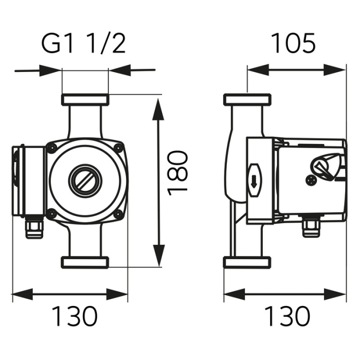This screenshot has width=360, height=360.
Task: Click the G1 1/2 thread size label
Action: tap(83, 45)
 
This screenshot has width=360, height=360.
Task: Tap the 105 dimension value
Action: tap(293, 44)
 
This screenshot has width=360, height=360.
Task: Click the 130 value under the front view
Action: tap(74, 317)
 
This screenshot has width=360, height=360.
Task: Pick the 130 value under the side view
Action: tap(287, 317)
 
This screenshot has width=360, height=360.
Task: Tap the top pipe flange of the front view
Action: tap(85, 99)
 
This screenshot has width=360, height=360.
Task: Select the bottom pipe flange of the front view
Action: tap(85, 262)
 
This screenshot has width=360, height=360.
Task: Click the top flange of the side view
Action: tap(247, 99)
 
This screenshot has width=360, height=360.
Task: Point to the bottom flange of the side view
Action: tap(247, 262)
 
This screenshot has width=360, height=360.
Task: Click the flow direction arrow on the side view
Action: tap(255, 181)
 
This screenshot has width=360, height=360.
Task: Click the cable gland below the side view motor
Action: tap(310, 227)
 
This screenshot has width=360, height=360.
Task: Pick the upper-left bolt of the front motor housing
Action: tap(51, 149)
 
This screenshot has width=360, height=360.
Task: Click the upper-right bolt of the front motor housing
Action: tap(118, 149)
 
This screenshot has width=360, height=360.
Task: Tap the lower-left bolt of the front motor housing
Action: tap(51, 213)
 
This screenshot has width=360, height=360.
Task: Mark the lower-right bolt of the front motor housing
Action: tap(118, 213)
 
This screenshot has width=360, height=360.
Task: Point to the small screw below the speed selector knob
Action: tap(311, 180)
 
